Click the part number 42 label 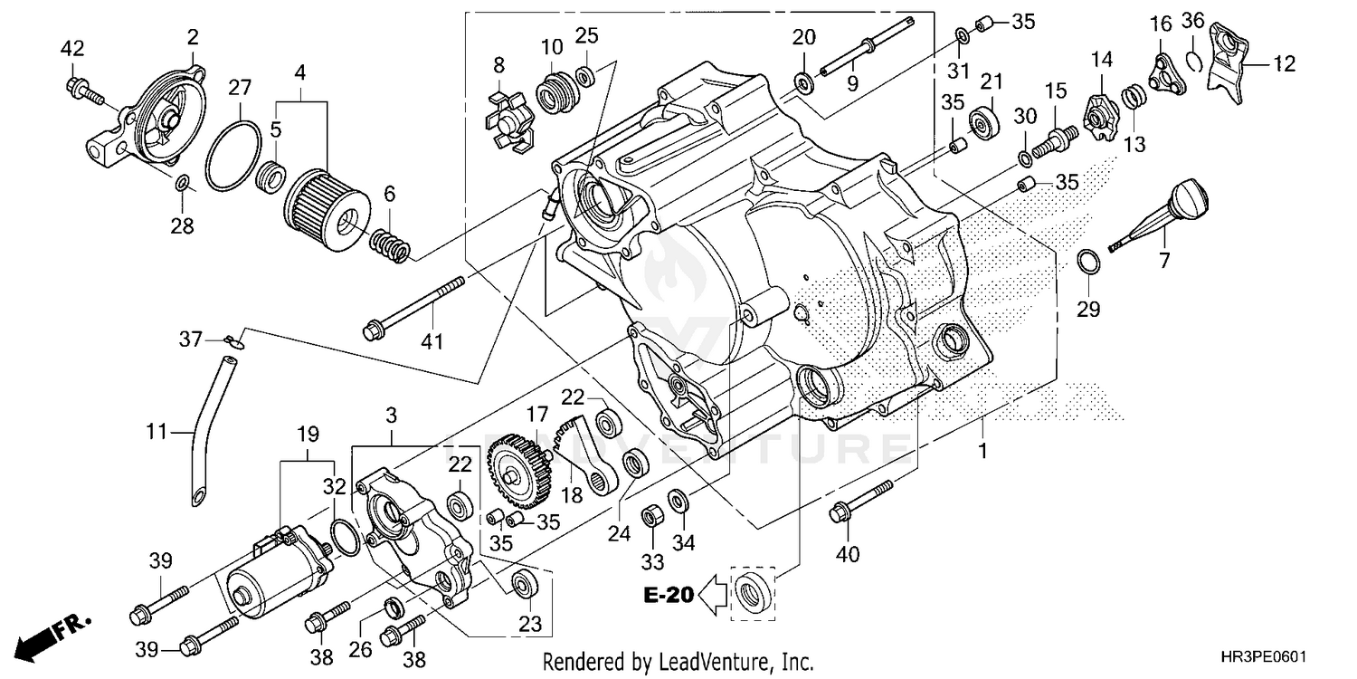[x=71, y=48]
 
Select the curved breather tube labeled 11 [x=211, y=426]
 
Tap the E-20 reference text [x=669, y=595]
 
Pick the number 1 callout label [x=982, y=448]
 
